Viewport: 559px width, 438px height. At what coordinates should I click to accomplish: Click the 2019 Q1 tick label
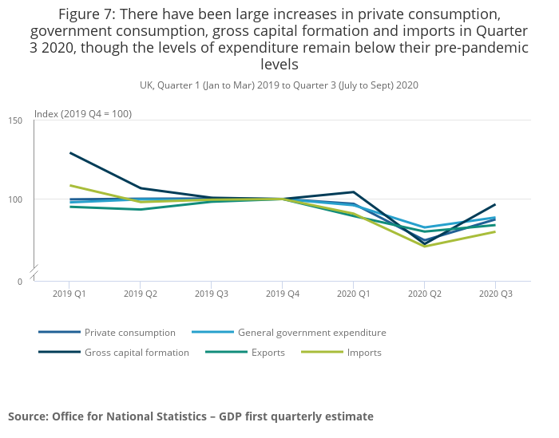[x=69, y=294]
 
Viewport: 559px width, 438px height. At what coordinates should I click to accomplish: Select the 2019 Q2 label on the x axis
[x=141, y=294]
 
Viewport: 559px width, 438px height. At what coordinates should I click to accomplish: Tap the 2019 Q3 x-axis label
[x=211, y=294]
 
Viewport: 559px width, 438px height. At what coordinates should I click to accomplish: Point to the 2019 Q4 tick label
[x=282, y=294]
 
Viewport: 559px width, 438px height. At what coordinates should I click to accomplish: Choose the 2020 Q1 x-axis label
[x=353, y=294]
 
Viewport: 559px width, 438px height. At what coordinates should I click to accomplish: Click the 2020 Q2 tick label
[x=424, y=294]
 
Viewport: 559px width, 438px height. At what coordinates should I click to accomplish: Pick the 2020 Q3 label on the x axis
[x=495, y=294]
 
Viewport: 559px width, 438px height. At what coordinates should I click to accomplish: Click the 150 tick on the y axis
[x=15, y=120]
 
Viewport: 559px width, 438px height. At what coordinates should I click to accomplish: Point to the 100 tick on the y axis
[x=15, y=199]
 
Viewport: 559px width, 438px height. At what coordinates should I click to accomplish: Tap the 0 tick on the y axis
[x=20, y=281]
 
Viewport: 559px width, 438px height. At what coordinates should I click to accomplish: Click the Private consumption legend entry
[x=129, y=333]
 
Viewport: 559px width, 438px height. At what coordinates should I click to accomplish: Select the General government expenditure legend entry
[x=311, y=333]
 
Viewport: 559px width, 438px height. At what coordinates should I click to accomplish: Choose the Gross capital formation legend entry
[x=137, y=353]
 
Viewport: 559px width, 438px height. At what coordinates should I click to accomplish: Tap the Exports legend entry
[x=268, y=353]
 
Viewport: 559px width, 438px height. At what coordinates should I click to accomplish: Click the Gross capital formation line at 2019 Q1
[x=70, y=152]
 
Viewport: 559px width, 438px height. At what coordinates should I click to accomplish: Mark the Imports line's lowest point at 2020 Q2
[x=424, y=246]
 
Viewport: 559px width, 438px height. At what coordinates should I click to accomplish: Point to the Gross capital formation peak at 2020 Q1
[x=353, y=191]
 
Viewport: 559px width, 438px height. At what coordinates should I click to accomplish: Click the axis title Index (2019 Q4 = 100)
[x=83, y=114]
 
